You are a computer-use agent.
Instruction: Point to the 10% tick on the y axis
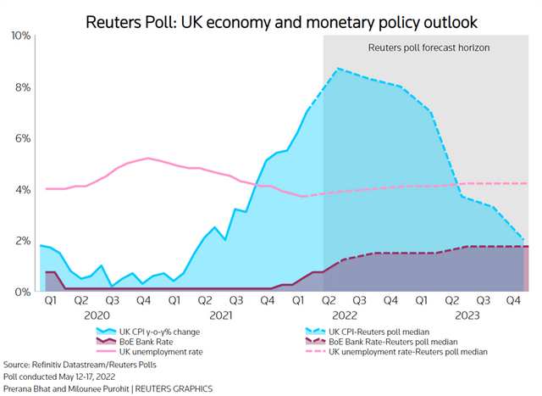click(20, 36)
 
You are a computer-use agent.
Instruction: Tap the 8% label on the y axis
click(23, 87)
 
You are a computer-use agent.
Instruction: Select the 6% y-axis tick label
click(23, 138)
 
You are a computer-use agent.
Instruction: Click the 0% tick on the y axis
click(23, 292)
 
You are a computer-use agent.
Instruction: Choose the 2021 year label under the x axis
click(220, 314)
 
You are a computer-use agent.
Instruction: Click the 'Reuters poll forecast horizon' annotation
click(429, 49)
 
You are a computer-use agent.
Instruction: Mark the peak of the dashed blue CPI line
click(338, 69)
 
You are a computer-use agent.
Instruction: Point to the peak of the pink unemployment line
click(148, 158)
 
